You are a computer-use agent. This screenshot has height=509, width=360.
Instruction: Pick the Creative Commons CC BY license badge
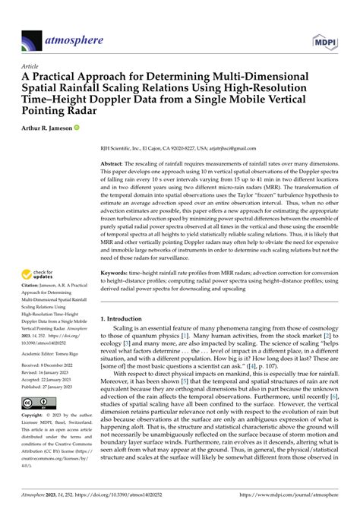(35, 424)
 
